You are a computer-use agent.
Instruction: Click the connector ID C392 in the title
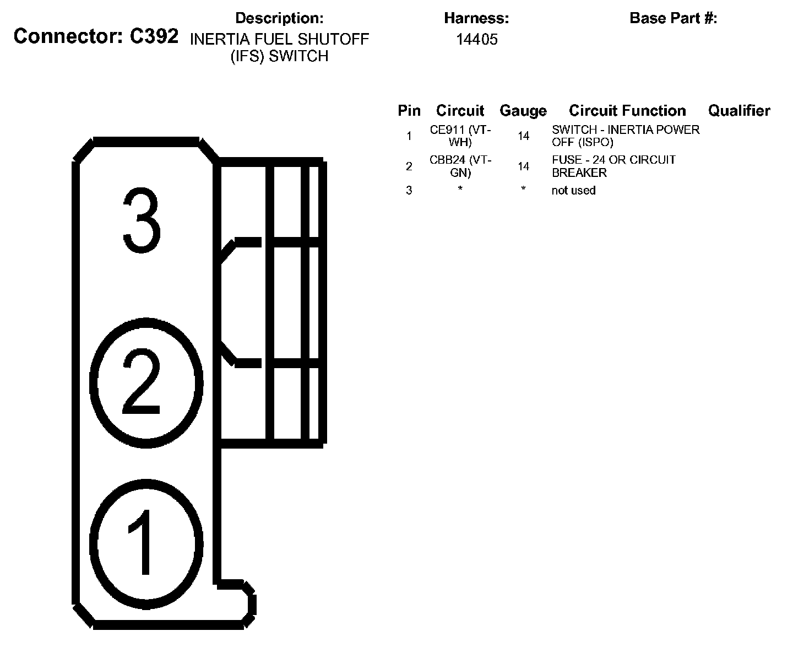[x=154, y=36]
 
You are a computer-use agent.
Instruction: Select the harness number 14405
[x=477, y=39]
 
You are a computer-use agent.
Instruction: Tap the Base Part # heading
[x=673, y=18]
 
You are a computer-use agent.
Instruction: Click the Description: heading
[x=279, y=18]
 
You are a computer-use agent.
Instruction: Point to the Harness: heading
[x=476, y=18]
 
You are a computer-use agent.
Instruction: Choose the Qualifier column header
[x=739, y=111]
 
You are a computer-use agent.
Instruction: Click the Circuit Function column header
[x=627, y=111]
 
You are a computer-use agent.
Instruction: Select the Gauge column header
[x=523, y=111]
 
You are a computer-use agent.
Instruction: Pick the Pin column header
[x=409, y=111]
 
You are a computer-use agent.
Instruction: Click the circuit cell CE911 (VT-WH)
[x=460, y=136]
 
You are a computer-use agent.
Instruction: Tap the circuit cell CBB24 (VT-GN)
[x=460, y=166]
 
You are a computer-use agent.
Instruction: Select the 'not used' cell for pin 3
[x=573, y=191]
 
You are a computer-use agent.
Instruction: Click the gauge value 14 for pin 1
[x=523, y=136]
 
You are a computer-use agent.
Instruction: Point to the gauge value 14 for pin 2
[x=523, y=166]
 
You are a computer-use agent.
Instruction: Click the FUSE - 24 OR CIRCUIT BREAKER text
[x=613, y=166]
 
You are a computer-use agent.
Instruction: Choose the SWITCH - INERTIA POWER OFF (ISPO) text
[x=626, y=136]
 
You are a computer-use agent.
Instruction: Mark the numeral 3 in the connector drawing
[x=142, y=221]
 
